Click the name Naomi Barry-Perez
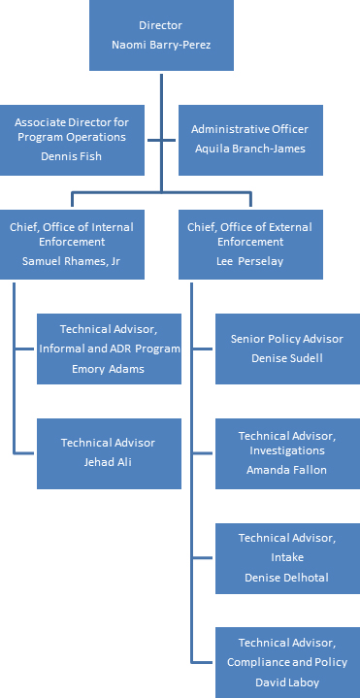point(161,45)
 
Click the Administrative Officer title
point(249,128)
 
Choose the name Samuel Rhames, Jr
point(72,260)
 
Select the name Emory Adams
point(108,368)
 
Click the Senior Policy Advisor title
point(287,340)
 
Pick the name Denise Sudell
point(287,357)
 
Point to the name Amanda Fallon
point(287,469)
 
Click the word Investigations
point(287,451)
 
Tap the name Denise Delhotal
point(287,577)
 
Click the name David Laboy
point(287,682)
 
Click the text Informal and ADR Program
point(110,349)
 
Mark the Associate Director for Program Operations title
point(72,128)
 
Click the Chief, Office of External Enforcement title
point(250,234)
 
